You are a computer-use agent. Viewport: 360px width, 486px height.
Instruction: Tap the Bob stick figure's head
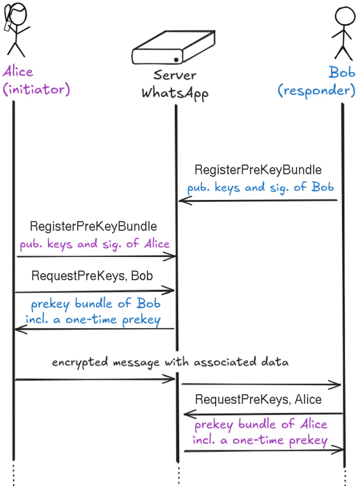(345, 16)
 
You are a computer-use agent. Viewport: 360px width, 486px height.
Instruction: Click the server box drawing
(174, 47)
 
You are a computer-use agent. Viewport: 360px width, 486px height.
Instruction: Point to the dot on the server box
(176, 60)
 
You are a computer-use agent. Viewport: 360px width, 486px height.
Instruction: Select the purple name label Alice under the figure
(18, 72)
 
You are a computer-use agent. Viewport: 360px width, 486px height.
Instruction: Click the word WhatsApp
(175, 93)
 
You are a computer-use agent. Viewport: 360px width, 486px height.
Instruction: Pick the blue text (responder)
(316, 91)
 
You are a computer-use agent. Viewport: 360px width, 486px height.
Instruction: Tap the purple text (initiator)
(36, 89)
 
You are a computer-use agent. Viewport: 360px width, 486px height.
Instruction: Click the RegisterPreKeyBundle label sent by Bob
(258, 170)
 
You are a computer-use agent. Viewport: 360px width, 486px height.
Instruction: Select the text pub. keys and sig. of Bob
(260, 188)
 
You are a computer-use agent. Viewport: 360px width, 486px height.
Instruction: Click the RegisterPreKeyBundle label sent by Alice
(93, 226)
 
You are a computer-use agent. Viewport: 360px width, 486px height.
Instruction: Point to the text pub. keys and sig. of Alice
(95, 244)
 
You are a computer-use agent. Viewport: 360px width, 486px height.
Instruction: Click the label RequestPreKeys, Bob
(92, 276)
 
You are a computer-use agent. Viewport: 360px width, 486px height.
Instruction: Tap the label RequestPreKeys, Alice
(258, 399)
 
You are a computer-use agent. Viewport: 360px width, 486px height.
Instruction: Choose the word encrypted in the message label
(80, 362)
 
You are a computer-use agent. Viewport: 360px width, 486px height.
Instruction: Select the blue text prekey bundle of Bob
(96, 304)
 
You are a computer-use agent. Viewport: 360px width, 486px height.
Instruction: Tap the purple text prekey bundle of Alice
(261, 425)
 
